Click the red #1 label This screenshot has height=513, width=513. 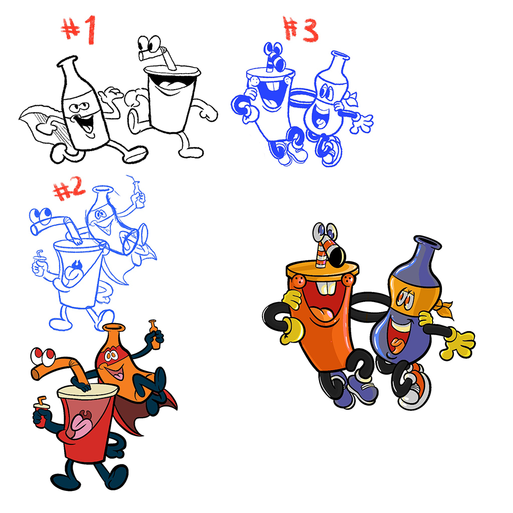pos(79,30)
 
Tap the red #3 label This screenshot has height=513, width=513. pos(301,29)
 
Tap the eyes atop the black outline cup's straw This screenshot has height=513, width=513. pos(149,44)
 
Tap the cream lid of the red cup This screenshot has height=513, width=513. pos(88,391)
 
